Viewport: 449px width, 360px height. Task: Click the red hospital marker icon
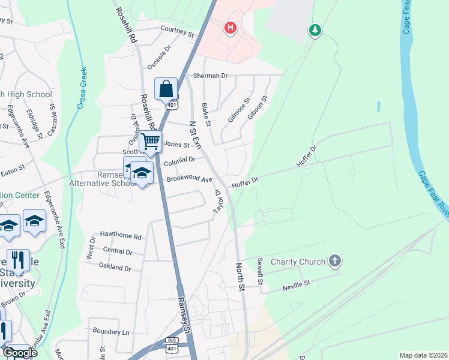click(x=229, y=28)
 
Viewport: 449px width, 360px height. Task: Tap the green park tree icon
click(x=315, y=29)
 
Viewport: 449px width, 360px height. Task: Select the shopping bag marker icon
click(x=166, y=89)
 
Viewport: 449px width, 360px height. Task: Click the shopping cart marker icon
click(x=151, y=142)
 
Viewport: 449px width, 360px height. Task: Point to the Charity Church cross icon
click(x=335, y=261)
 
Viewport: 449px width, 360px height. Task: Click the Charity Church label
click(x=298, y=262)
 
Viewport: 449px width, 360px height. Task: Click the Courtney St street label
click(x=178, y=31)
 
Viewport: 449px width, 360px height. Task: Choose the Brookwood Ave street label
click(x=190, y=179)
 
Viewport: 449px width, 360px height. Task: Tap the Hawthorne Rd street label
click(x=121, y=237)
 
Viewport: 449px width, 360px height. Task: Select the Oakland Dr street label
click(x=115, y=268)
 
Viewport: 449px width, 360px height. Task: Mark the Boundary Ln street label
click(x=111, y=331)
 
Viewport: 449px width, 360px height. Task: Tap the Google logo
click(x=19, y=352)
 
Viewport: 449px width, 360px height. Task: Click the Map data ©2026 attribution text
click(x=423, y=355)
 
